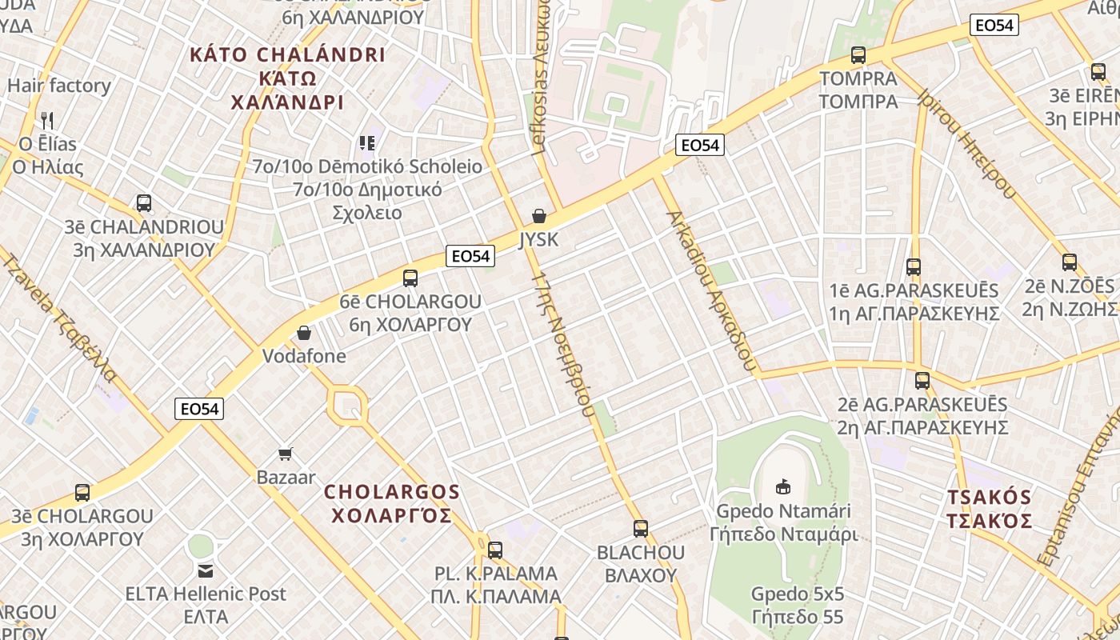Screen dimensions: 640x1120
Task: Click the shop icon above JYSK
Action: point(539,216)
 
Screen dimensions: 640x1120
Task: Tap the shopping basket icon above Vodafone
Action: point(304,333)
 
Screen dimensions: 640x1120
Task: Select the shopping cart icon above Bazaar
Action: point(286,454)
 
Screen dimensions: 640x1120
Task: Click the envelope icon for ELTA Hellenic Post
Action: point(206,571)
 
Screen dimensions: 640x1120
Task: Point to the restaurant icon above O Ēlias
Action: point(47,121)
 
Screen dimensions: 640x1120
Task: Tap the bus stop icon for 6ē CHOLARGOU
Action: point(410,278)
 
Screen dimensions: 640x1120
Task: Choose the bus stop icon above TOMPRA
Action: point(858,55)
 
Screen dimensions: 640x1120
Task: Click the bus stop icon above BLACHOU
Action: point(641,529)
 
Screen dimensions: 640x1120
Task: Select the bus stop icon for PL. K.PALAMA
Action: point(495,550)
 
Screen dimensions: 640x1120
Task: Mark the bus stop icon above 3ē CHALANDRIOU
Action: point(144,203)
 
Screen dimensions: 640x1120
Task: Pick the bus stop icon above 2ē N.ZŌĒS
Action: point(1070,262)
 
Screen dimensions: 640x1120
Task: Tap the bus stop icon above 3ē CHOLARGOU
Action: point(82,493)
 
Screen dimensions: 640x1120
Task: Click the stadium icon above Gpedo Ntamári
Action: point(783,486)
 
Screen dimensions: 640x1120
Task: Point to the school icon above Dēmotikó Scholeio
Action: point(367,143)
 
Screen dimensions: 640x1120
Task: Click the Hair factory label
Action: point(59,86)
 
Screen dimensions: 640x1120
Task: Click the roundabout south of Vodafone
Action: point(348,406)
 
